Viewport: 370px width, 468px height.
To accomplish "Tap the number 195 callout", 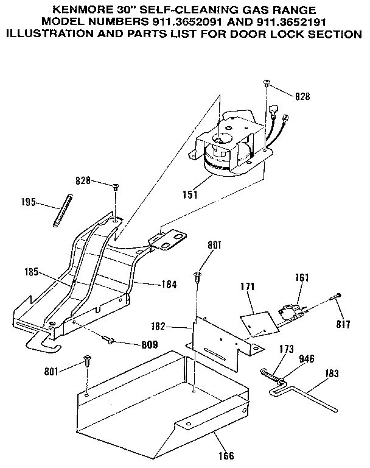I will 29,202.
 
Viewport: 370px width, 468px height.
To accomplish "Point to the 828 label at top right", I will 302,96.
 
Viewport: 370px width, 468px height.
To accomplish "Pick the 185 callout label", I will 33,272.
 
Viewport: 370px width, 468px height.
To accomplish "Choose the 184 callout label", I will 170,283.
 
